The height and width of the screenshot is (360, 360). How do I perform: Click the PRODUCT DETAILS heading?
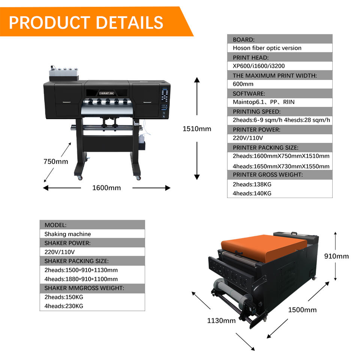point(86,22)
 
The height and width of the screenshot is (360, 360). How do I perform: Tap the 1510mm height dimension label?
point(197,129)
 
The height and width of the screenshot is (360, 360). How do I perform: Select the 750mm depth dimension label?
point(55,162)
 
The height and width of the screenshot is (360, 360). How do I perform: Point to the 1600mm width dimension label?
point(106,187)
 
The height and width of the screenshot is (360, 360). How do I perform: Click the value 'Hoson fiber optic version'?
point(267,48)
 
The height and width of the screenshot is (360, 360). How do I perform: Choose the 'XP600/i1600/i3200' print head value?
point(259,66)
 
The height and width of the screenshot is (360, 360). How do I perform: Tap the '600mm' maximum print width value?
point(243,84)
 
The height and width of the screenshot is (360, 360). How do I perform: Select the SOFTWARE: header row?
point(279,93)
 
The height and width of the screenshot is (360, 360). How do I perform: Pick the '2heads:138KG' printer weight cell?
point(252,184)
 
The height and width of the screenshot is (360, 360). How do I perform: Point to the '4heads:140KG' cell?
point(252,193)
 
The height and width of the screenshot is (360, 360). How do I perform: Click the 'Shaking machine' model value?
point(67,234)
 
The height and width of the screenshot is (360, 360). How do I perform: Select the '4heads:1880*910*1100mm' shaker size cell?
point(81,279)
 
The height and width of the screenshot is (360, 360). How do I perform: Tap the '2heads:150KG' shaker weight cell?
point(64,297)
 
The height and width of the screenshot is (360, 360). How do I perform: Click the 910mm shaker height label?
point(336,256)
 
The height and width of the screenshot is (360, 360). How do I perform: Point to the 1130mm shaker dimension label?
point(221,321)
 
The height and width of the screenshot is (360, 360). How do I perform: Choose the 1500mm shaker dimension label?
point(302,310)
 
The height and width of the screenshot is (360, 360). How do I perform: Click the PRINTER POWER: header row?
point(279,129)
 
